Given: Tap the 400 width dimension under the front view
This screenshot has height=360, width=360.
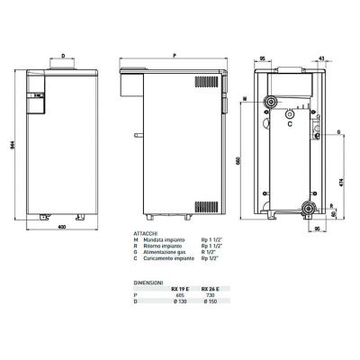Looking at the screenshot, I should (61, 225).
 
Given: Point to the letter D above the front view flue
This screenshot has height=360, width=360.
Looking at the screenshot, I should (62, 55).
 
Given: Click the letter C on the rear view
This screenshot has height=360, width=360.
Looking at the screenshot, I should (289, 124).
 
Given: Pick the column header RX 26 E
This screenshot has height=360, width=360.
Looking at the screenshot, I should (211, 289).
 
